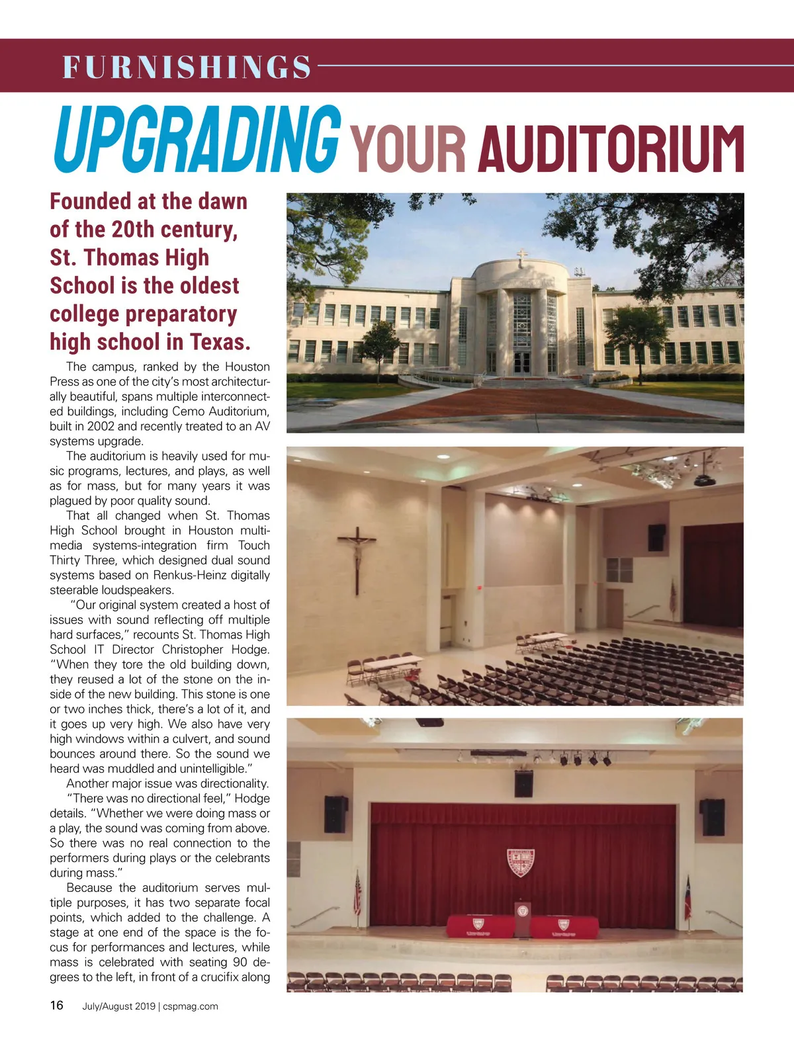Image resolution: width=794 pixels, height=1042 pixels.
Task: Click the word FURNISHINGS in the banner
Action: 187,67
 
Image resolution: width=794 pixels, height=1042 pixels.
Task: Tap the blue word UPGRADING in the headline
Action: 197,140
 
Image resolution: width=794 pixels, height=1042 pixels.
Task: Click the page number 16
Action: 57,1006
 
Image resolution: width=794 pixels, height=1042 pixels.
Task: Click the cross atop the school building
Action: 523,256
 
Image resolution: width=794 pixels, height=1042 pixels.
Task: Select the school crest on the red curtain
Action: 521,863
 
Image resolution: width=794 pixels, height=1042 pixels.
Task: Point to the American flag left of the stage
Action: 358,894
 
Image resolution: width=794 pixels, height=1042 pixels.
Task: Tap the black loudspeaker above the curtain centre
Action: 523,783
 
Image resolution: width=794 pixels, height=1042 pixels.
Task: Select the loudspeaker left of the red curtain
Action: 335,813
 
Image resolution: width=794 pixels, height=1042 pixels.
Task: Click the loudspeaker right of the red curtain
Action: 713,816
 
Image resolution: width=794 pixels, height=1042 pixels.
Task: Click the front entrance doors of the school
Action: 522,363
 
